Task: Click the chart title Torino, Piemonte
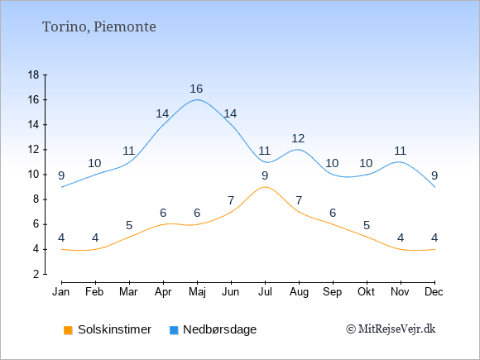tap(98, 27)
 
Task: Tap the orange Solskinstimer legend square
tap(68, 330)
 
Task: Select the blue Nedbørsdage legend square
tap(174, 330)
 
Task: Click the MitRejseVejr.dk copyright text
tap(391, 329)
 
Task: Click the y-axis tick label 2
tap(36, 274)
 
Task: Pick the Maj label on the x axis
tap(197, 292)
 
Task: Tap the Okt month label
tap(366, 292)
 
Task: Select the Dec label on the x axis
tap(434, 292)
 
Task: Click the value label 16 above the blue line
tap(196, 89)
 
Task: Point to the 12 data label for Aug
tap(298, 139)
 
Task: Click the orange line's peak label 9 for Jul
tap(265, 175)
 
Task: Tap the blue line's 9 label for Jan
tap(61, 175)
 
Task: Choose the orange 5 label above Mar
tap(129, 226)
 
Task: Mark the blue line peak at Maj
tap(197, 99)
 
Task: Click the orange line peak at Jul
tap(265, 187)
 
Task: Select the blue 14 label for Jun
tap(230, 114)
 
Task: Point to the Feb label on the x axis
tap(94, 292)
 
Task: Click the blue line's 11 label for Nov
tap(400, 151)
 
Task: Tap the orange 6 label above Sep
tap(333, 213)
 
